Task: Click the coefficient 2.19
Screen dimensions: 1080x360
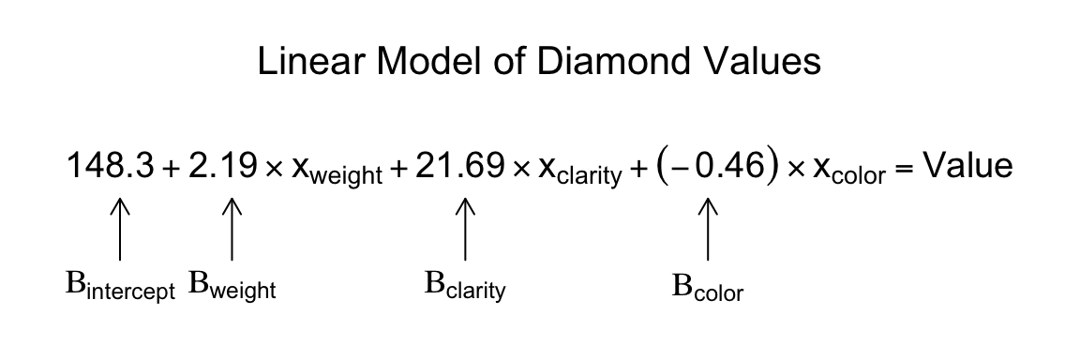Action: (x=222, y=167)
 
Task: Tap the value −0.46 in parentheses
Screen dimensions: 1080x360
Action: (x=706, y=167)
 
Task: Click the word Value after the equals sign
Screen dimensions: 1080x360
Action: (x=968, y=166)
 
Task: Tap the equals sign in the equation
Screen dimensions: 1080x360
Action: (x=904, y=170)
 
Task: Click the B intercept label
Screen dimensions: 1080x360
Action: (x=120, y=287)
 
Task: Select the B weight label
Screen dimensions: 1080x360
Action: (x=232, y=285)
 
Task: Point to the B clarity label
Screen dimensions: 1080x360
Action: (x=465, y=286)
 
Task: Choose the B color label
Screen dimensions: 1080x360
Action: (x=707, y=287)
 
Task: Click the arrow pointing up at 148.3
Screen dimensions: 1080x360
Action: (x=120, y=227)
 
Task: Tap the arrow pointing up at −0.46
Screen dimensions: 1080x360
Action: (x=707, y=227)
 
